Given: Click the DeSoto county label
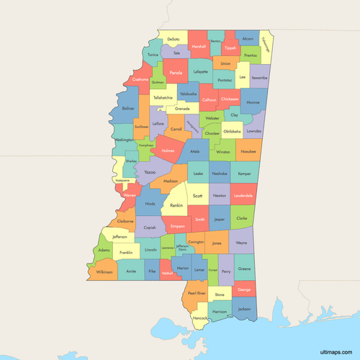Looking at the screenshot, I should [x=174, y=39].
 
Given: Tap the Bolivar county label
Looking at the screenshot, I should [x=128, y=109].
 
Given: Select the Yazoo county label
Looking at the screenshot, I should [x=149, y=173].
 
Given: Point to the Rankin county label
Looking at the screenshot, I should [x=175, y=204].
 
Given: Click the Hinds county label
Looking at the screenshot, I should [x=150, y=204].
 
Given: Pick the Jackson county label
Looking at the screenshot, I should [x=244, y=309].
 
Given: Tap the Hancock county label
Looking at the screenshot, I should [x=200, y=318].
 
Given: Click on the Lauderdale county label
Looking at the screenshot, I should [x=243, y=195].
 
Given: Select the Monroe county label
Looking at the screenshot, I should [x=253, y=103].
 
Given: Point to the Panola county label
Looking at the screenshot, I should [x=175, y=73].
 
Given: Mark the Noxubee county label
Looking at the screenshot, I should [x=248, y=152].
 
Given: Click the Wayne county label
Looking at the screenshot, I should [x=241, y=243].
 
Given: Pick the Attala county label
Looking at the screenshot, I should [x=194, y=151].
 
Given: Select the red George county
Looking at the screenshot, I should [x=244, y=289].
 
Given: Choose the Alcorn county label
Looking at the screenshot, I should [x=248, y=39].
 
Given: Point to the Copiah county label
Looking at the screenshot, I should [x=150, y=228].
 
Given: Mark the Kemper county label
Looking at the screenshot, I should [x=245, y=174].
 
